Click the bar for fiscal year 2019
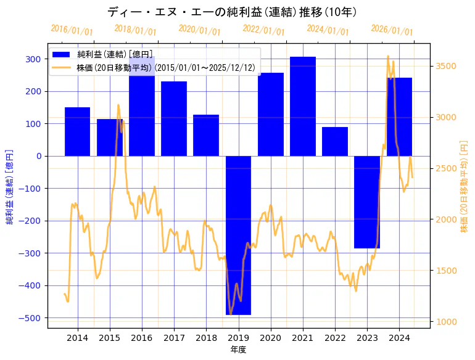238,235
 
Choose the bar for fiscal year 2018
206,135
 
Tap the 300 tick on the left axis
35,59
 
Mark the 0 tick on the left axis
39,156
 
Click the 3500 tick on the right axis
446,66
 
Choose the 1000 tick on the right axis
446,322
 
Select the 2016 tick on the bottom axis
142,338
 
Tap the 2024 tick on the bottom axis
399,338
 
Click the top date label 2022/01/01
263,30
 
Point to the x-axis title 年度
238,350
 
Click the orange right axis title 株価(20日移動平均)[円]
464,186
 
